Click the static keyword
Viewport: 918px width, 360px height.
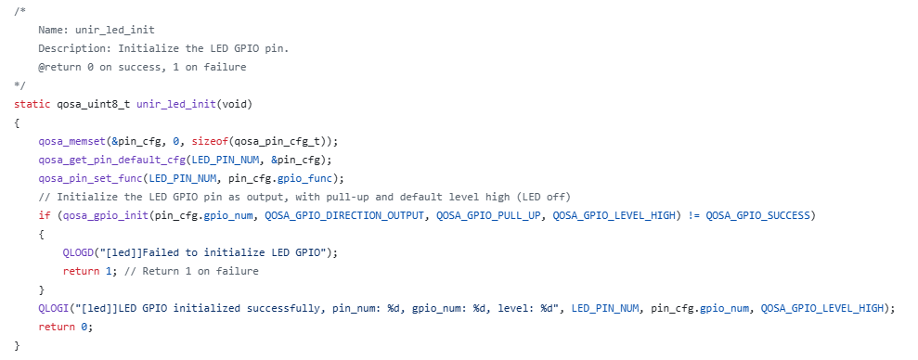pyautogui.click(x=32, y=104)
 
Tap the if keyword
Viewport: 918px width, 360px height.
pyautogui.click(x=45, y=215)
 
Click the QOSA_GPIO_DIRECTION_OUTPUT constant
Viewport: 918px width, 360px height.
pyautogui.click(x=344, y=215)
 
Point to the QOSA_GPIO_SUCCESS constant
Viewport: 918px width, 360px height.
pyautogui.click(x=757, y=215)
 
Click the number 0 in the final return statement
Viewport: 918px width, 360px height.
pyautogui.click(x=84, y=327)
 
